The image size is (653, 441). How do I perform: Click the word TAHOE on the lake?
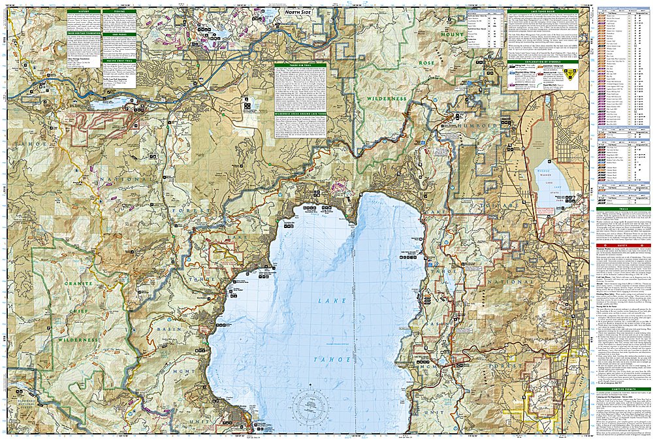tap(334, 360)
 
